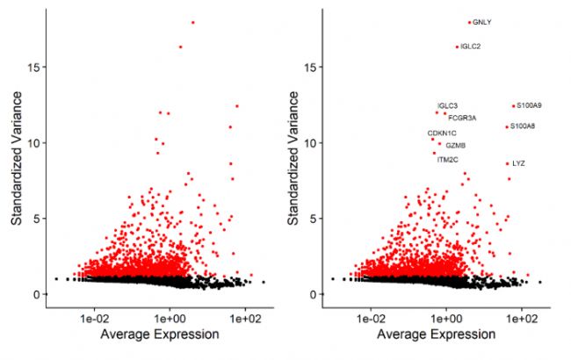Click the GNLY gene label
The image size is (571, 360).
(x=481, y=23)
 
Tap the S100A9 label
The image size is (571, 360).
(x=529, y=105)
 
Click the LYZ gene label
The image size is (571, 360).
(x=517, y=163)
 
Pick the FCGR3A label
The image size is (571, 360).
(x=462, y=117)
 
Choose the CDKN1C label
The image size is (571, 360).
(x=442, y=133)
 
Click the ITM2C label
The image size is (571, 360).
(x=447, y=160)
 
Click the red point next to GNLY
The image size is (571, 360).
(x=470, y=23)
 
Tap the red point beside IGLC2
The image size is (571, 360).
(x=457, y=47)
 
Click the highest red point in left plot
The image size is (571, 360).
(x=192, y=23)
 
